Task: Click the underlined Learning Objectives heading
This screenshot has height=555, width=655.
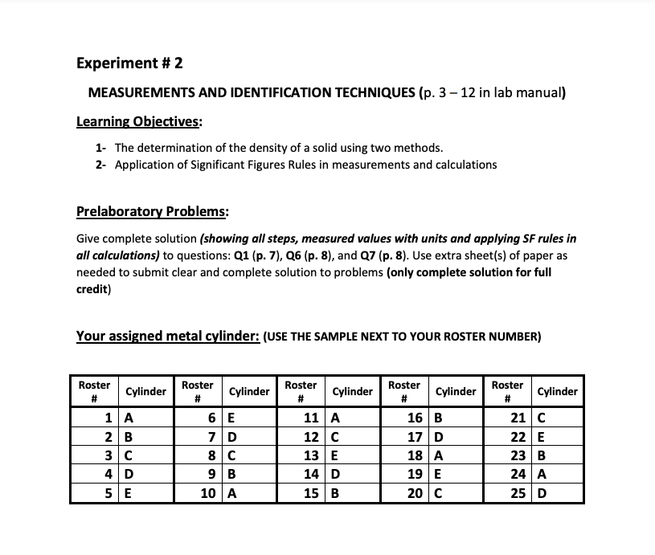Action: [139, 122]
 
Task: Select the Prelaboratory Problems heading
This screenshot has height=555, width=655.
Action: [152, 212]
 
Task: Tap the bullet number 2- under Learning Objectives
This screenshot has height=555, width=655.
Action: [100, 165]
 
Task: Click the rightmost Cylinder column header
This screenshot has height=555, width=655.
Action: [557, 392]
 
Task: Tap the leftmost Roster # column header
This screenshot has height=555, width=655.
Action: [94, 391]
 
